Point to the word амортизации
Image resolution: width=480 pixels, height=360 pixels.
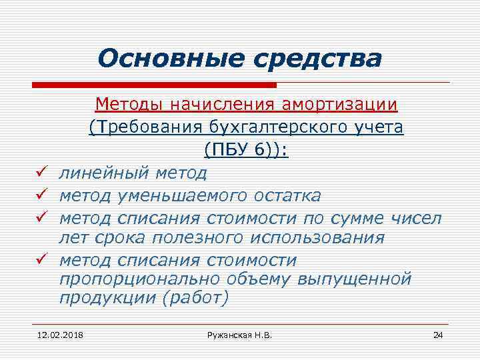click(340, 105)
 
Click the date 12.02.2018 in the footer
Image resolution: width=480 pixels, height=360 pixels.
click(56, 333)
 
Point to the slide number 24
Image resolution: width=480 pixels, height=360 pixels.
click(437, 333)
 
